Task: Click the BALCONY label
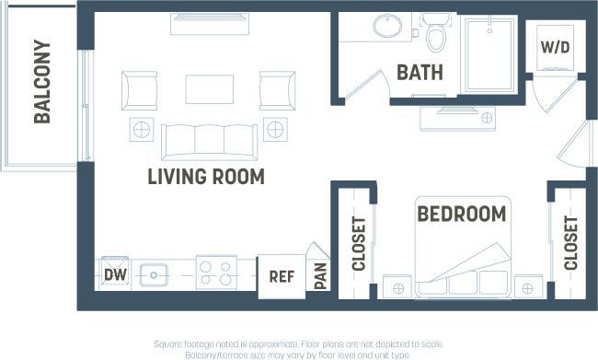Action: (x=42, y=81)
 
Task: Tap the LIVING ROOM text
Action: (x=206, y=177)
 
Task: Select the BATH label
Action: (x=420, y=72)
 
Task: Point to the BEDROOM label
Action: (x=462, y=214)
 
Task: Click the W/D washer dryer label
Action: (x=555, y=47)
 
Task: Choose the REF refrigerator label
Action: (x=281, y=275)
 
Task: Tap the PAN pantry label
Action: (x=320, y=275)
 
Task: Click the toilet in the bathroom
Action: (x=436, y=34)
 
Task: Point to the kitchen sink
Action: (x=154, y=273)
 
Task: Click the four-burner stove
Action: (x=216, y=273)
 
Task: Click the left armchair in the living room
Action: (x=139, y=91)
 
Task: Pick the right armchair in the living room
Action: (x=277, y=91)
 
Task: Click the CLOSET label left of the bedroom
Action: (x=358, y=244)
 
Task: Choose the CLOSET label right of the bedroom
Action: (x=570, y=243)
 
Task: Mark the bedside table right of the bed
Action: (x=528, y=287)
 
